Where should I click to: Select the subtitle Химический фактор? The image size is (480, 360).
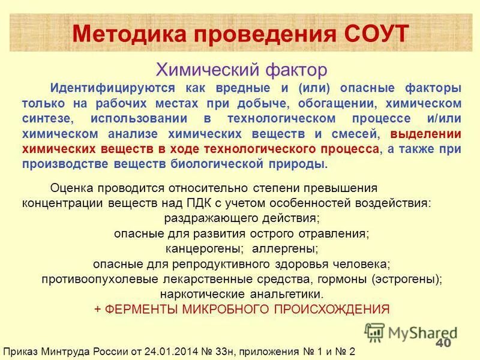pos(241,70)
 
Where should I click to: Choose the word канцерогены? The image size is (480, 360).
pos(204,248)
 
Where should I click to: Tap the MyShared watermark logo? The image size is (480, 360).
pos(412,332)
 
